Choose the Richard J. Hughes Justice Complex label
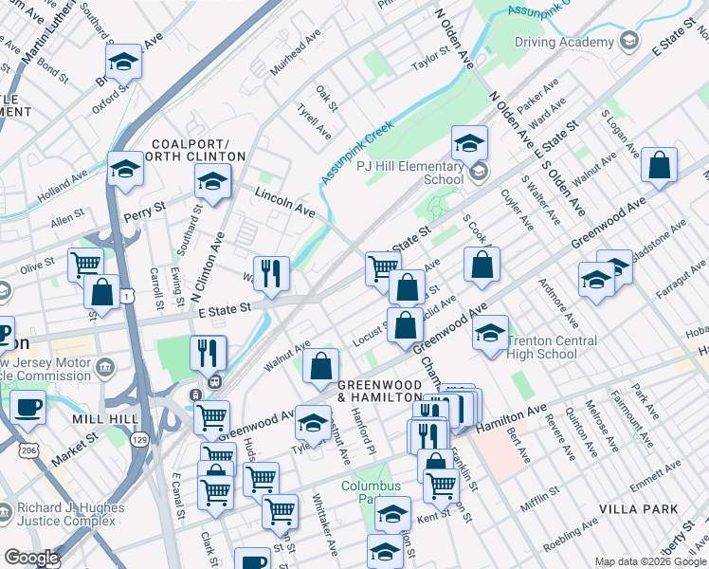[72, 515]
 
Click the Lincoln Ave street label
[283, 201]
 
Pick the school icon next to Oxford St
[123, 63]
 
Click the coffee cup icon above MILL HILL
[28, 408]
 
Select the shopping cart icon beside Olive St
[86, 265]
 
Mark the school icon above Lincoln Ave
[213, 180]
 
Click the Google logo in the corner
[31, 558]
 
